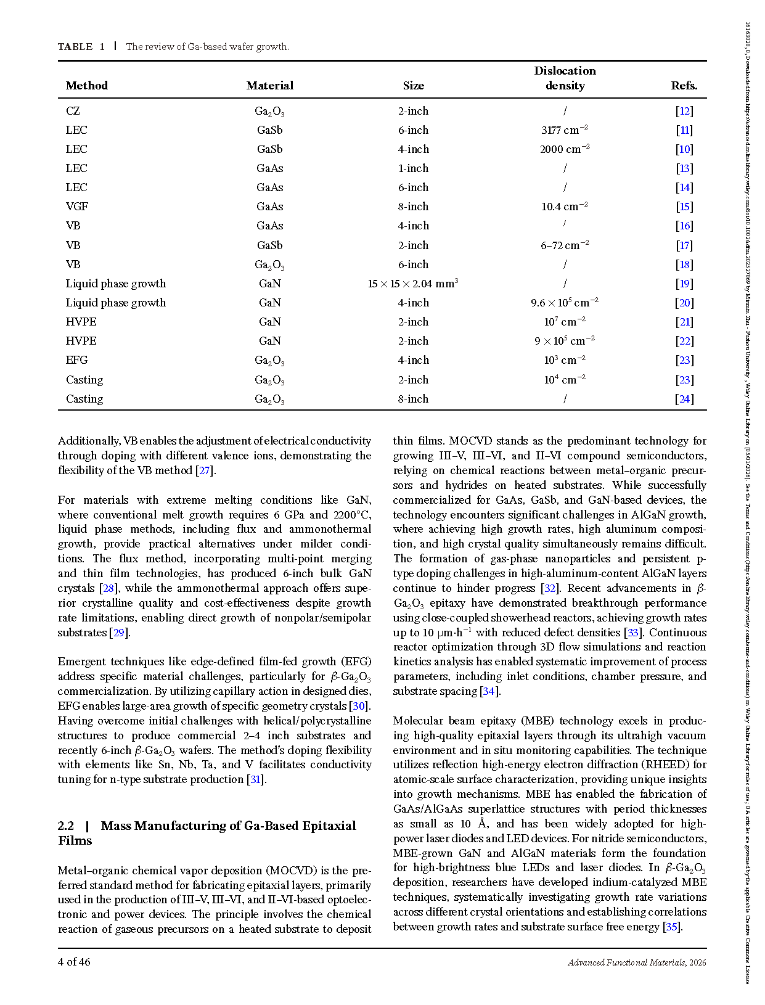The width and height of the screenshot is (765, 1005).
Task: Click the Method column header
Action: click(87, 86)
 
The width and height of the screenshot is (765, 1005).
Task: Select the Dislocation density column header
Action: click(565, 78)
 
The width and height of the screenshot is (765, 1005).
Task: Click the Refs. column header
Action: click(684, 86)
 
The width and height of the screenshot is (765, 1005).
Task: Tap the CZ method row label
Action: click(73, 111)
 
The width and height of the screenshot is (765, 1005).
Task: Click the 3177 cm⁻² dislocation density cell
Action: click(565, 130)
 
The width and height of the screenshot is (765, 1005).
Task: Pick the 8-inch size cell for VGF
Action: click(413, 207)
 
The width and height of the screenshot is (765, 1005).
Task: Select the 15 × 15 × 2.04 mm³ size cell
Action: click(413, 284)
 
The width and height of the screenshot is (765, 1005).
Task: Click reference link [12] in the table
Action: click(684, 111)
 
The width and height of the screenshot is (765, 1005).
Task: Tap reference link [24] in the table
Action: click(684, 399)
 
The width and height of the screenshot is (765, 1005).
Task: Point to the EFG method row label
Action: click(77, 360)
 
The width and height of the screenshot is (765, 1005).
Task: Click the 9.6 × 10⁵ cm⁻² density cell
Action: click(565, 303)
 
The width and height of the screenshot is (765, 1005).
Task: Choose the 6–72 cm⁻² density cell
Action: click(565, 245)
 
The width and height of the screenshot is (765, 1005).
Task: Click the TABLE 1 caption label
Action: click(81, 47)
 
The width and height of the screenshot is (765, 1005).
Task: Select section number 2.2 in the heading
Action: click(66, 826)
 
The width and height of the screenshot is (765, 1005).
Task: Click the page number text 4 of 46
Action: click(74, 962)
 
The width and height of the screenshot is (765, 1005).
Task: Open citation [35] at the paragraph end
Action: click(671, 927)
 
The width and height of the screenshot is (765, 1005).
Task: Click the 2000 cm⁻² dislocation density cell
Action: click(565, 149)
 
